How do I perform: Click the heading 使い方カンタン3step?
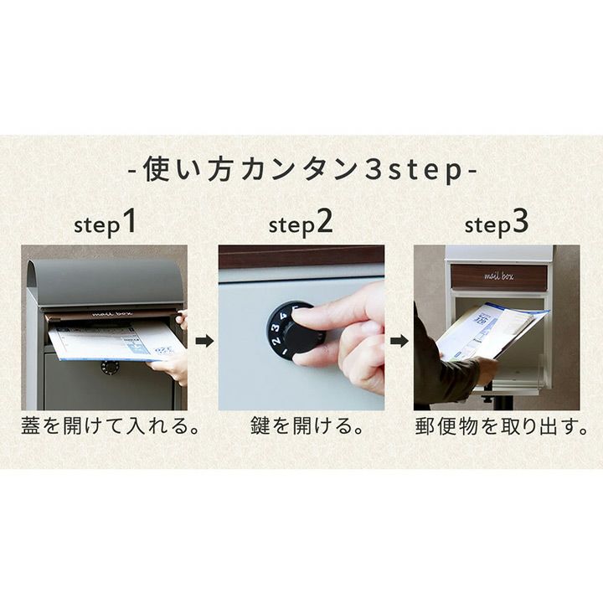302,169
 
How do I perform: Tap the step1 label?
105,223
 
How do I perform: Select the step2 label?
301,223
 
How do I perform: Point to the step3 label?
497,223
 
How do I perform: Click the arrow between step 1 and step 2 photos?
204,341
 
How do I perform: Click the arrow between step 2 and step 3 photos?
399,341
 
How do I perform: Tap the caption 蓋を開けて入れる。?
110,425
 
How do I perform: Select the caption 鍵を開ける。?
307,425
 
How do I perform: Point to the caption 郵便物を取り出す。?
501,425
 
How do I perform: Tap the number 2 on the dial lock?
276,341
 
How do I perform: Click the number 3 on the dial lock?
276,327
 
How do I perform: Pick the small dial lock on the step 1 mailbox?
111,368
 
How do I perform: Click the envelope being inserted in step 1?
116,342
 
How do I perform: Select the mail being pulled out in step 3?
492,331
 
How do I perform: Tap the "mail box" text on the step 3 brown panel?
498,276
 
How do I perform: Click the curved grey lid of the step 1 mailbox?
106,282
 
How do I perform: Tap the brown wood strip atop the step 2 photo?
301,255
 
